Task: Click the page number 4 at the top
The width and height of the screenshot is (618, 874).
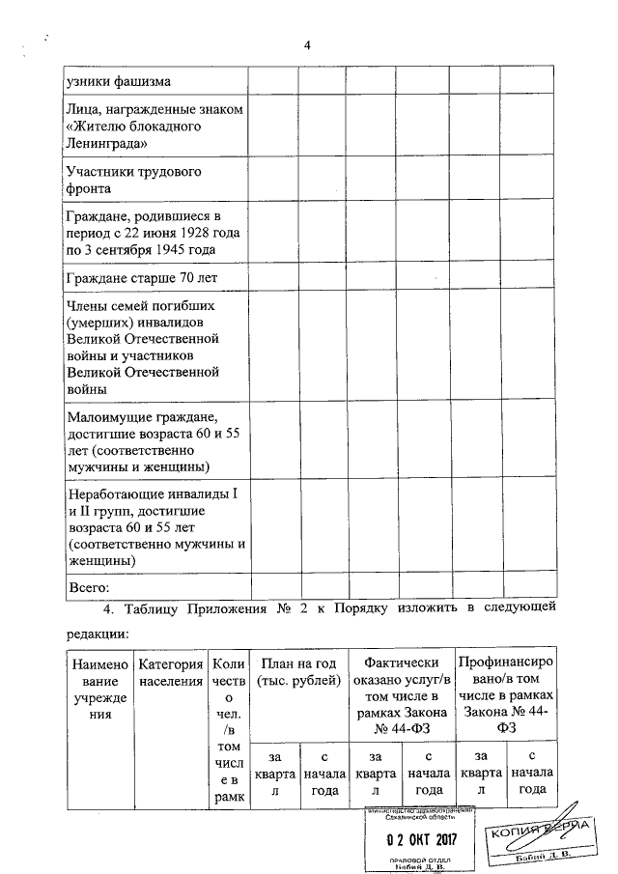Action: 307,46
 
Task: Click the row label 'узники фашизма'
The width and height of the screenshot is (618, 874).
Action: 112,82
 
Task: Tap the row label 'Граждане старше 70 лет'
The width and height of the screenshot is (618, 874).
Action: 140,278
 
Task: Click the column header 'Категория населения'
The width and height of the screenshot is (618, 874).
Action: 170,672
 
